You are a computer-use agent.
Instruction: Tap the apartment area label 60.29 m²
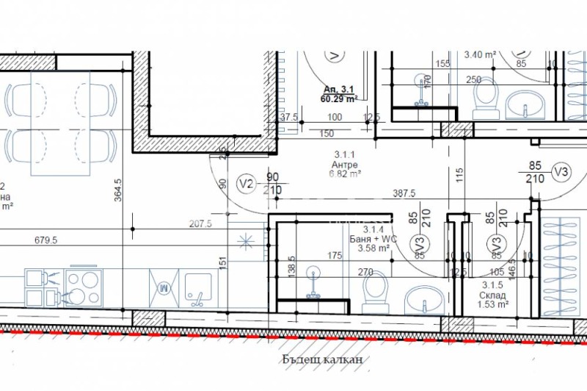338,97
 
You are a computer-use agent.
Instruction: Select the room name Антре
345,165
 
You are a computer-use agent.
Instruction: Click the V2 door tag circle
247,184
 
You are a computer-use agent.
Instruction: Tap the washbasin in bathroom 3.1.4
420,299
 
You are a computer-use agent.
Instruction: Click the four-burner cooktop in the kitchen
83,287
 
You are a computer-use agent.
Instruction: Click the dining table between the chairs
60,122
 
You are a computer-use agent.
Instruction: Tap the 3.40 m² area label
481,54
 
